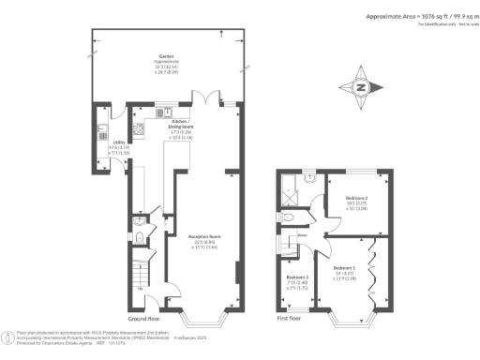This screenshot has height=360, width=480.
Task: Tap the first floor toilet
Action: [288, 216]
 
